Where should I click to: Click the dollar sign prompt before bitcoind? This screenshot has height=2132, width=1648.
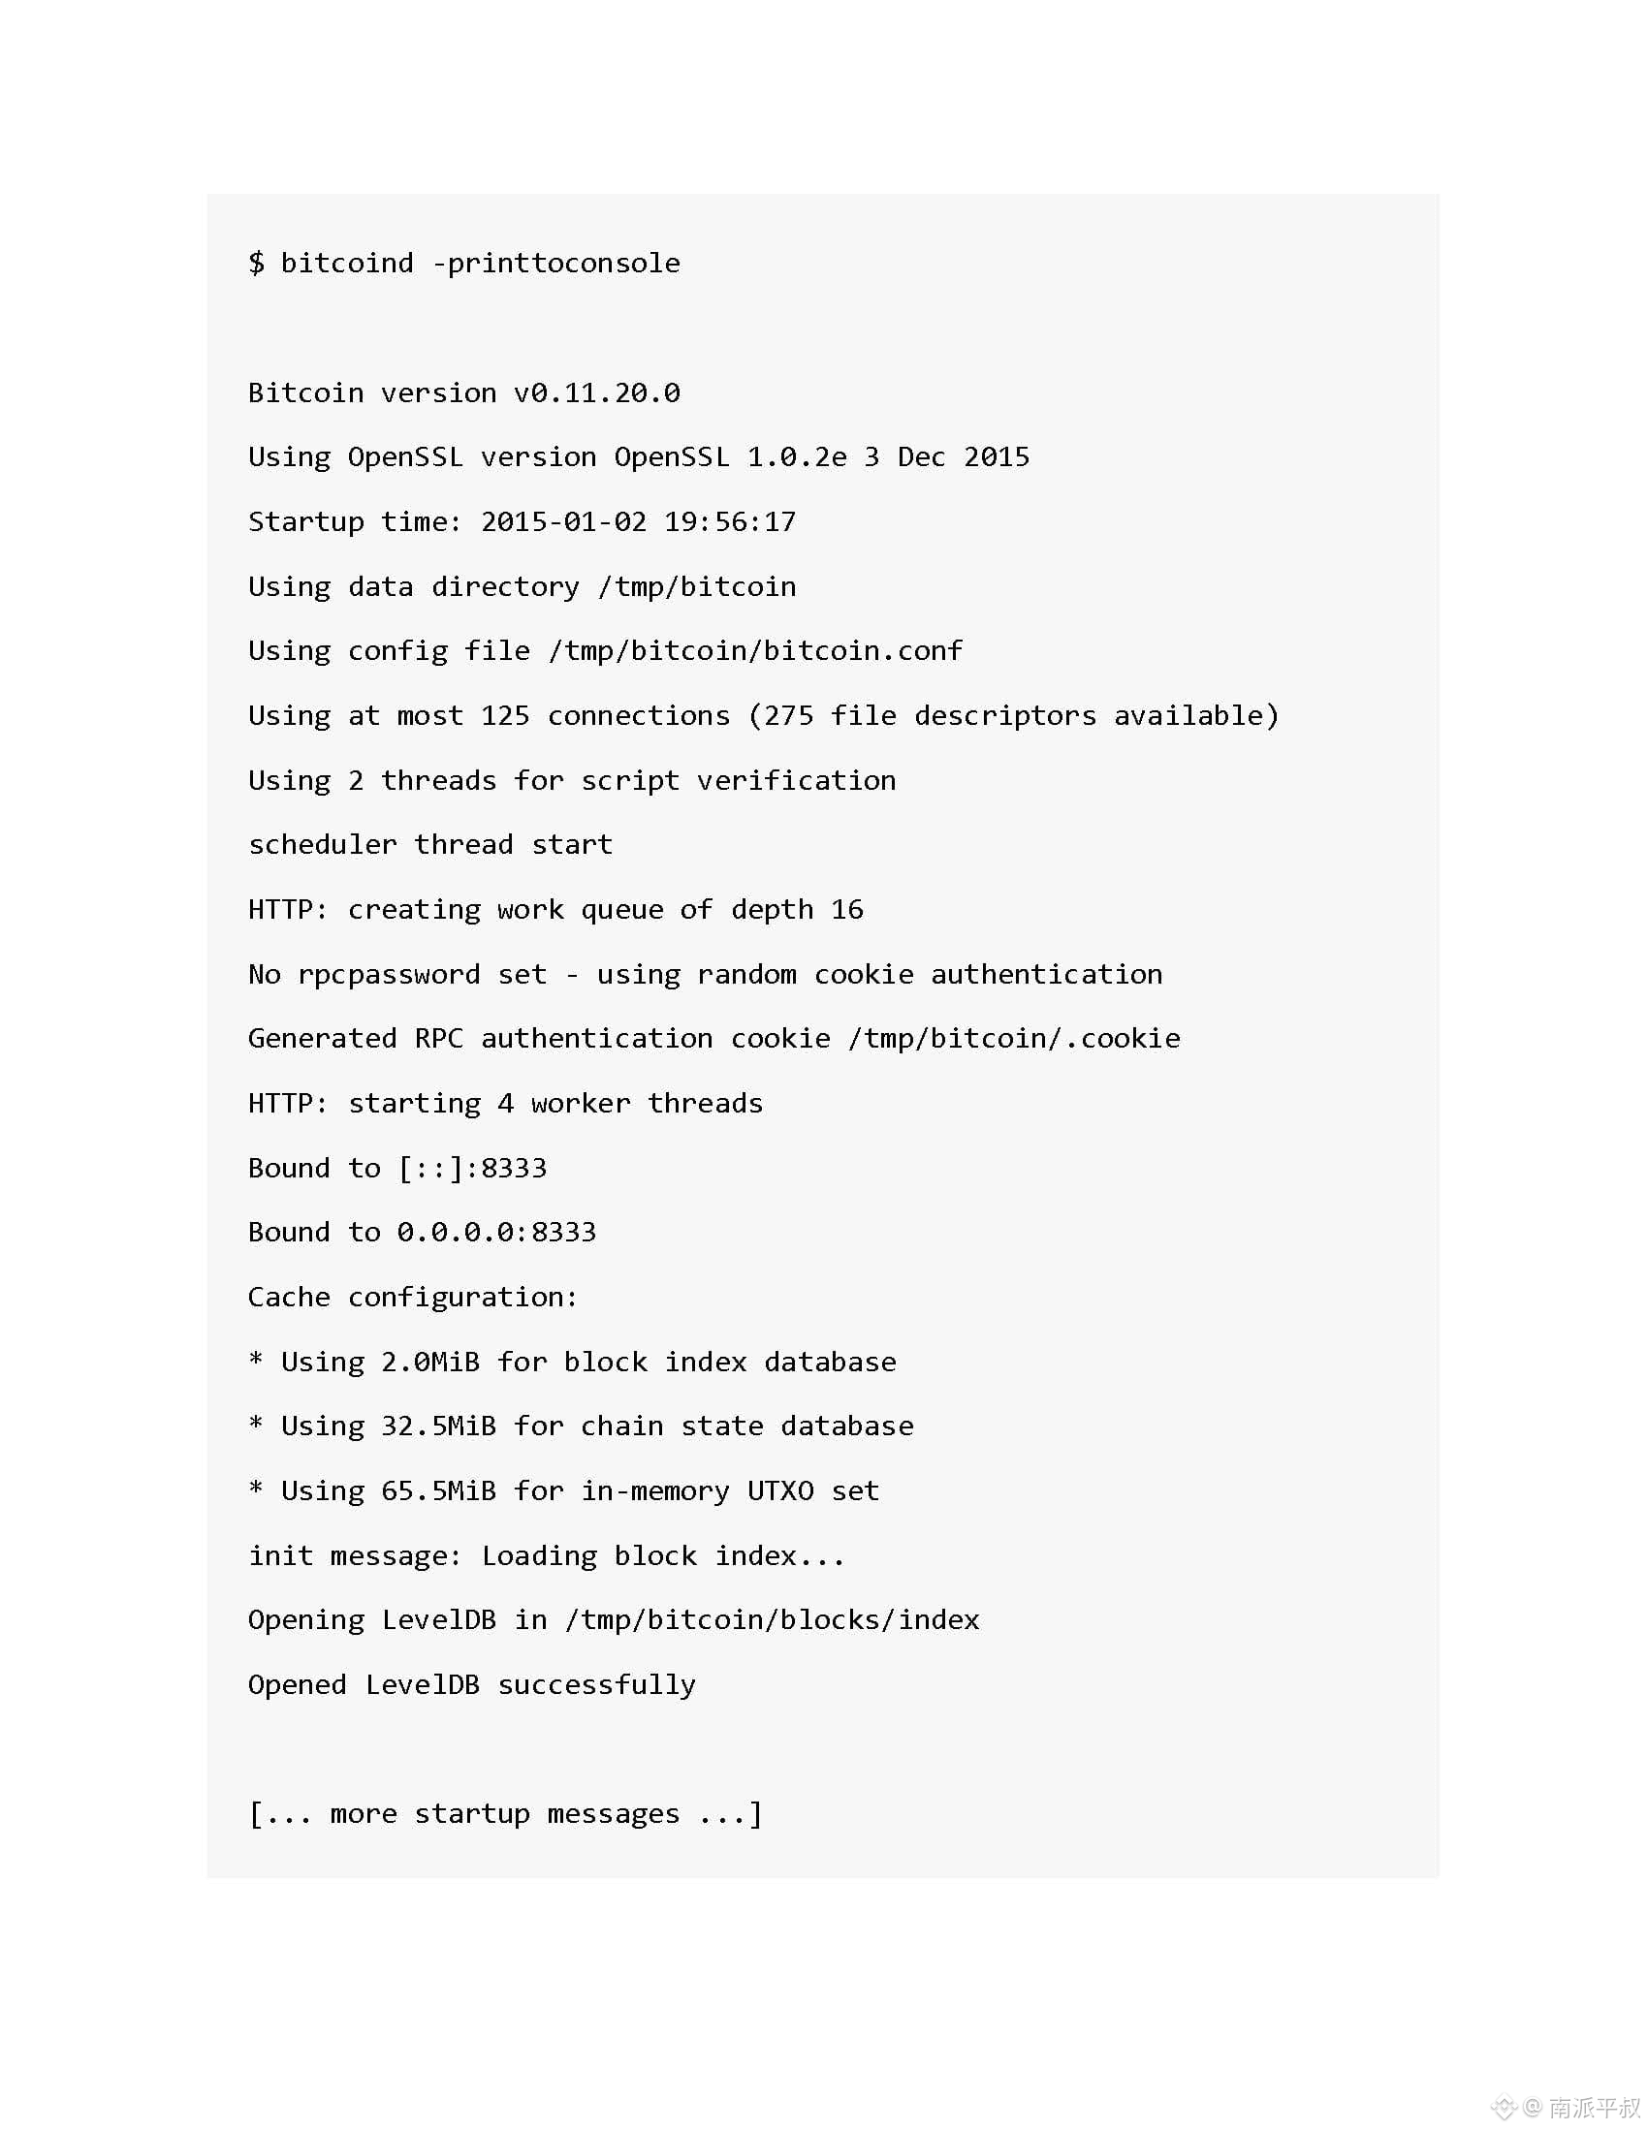pos(256,263)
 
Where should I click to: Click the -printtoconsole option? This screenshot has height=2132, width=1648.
pos(555,263)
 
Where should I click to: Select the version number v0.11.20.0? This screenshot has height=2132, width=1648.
pos(596,392)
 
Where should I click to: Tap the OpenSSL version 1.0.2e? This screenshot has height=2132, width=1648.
pos(797,456)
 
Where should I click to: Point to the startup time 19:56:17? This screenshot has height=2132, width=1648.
pos(729,521)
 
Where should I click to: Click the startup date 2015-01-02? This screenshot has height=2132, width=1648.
pos(563,521)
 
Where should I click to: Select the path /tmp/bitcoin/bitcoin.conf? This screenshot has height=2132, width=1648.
pos(754,650)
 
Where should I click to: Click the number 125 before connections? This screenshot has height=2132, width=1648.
pos(505,715)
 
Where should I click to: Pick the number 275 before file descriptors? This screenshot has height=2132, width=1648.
pos(788,715)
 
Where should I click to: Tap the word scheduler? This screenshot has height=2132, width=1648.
pos(322,844)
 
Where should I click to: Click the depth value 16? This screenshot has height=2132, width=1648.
pos(846,909)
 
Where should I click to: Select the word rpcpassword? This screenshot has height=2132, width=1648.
pos(389,974)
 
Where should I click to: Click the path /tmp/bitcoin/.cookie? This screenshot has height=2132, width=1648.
pos(1013,1038)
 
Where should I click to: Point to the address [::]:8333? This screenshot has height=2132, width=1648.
pos(472,1168)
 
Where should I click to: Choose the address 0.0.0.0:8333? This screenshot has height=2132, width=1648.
pos(496,1232)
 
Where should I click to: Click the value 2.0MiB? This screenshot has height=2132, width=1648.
pos(429,1362)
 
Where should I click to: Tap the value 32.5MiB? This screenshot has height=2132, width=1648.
pos(438,1427)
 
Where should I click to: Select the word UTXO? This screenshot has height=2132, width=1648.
pos(780,1490)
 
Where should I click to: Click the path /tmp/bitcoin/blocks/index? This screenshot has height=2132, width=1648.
pos(772,1619)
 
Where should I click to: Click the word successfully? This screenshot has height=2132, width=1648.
pos(596,1685)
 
